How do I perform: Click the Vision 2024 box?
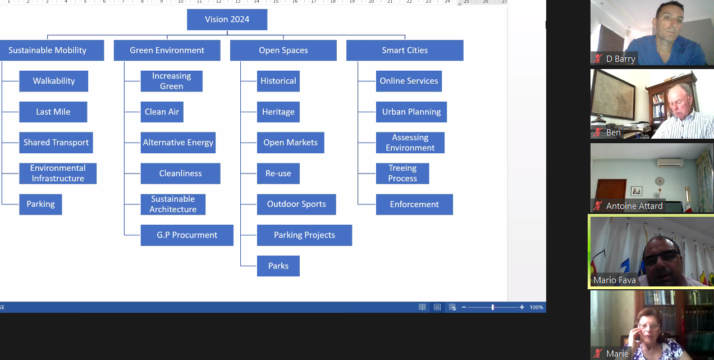[x=227, y=20]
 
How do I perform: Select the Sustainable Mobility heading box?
[x=48, y=51]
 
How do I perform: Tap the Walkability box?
[x=54, y=81]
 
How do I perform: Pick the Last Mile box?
[x=53, y=112]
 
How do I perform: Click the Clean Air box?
[x=162, y=112]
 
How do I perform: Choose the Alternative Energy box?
[x=178, y=143]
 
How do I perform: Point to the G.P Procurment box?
[x=187, y=235]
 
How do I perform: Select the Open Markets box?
[x=290, y=143]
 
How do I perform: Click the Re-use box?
[x=278, y=174]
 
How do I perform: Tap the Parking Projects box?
[x=304, y=235]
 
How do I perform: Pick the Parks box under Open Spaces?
[x=278, y=266]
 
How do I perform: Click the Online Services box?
[x=409, y=81]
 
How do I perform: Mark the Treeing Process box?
[x=402, y=174]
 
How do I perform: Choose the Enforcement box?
[x=414, y=204]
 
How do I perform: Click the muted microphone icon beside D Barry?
[x=598, y=58]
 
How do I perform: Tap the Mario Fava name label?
[x=615, y=280]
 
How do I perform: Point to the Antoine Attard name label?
[x=634, y=206]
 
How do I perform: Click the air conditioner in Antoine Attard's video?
[x=670, y=162]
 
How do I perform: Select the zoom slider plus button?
[x=522, y=307]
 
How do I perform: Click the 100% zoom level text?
[x=537, y=307]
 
